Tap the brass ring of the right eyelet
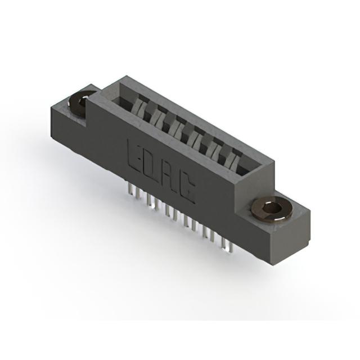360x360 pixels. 272,209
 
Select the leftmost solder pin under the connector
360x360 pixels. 130,190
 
